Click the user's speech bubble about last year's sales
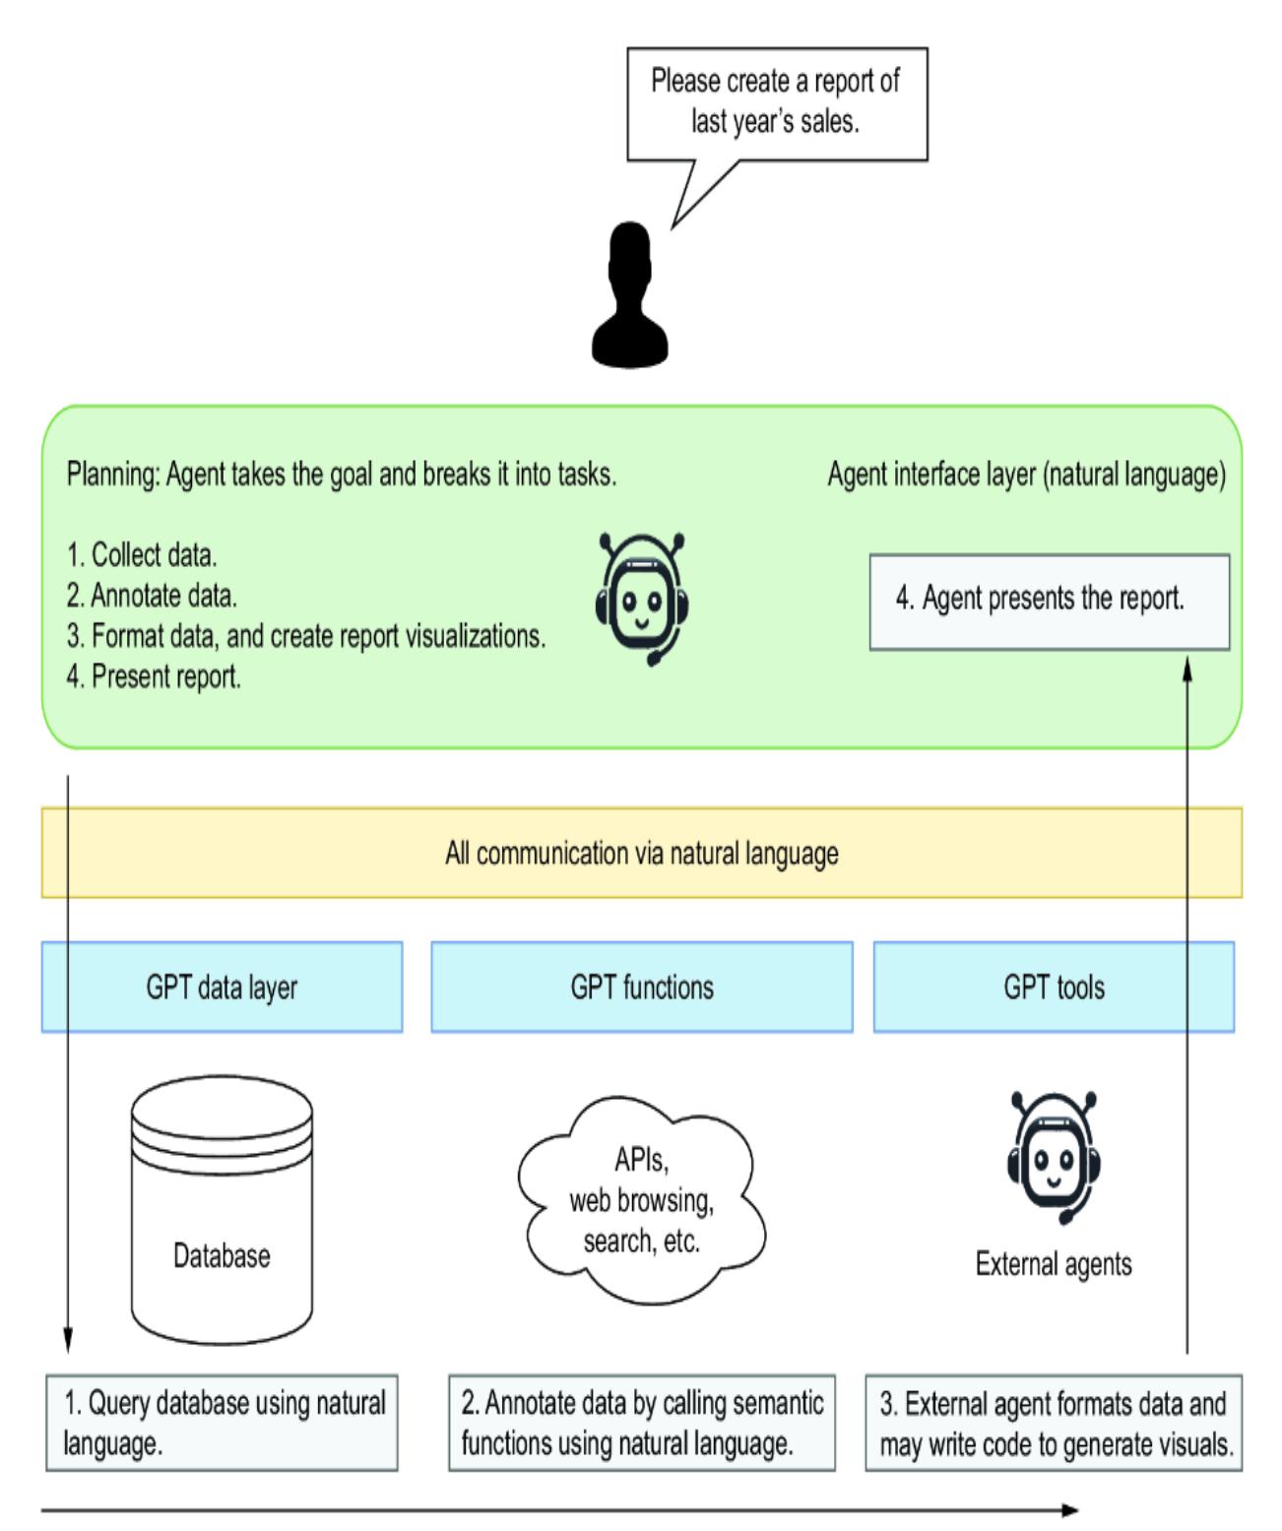777,102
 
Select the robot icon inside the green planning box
642,599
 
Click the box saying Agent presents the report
1050,601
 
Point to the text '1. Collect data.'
142,555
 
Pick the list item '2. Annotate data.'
152,596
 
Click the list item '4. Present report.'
154,677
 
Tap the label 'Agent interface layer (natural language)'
1026,475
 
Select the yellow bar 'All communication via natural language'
642,853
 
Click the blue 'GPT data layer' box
222,987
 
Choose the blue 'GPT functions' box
642,987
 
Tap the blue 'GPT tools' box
1054,987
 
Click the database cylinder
222,1211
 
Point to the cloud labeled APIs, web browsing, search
642,1201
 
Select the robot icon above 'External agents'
1054,1156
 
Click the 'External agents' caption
1054,1264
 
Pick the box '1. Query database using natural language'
222,1424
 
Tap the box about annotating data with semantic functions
642,1424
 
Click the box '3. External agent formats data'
1054,1424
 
